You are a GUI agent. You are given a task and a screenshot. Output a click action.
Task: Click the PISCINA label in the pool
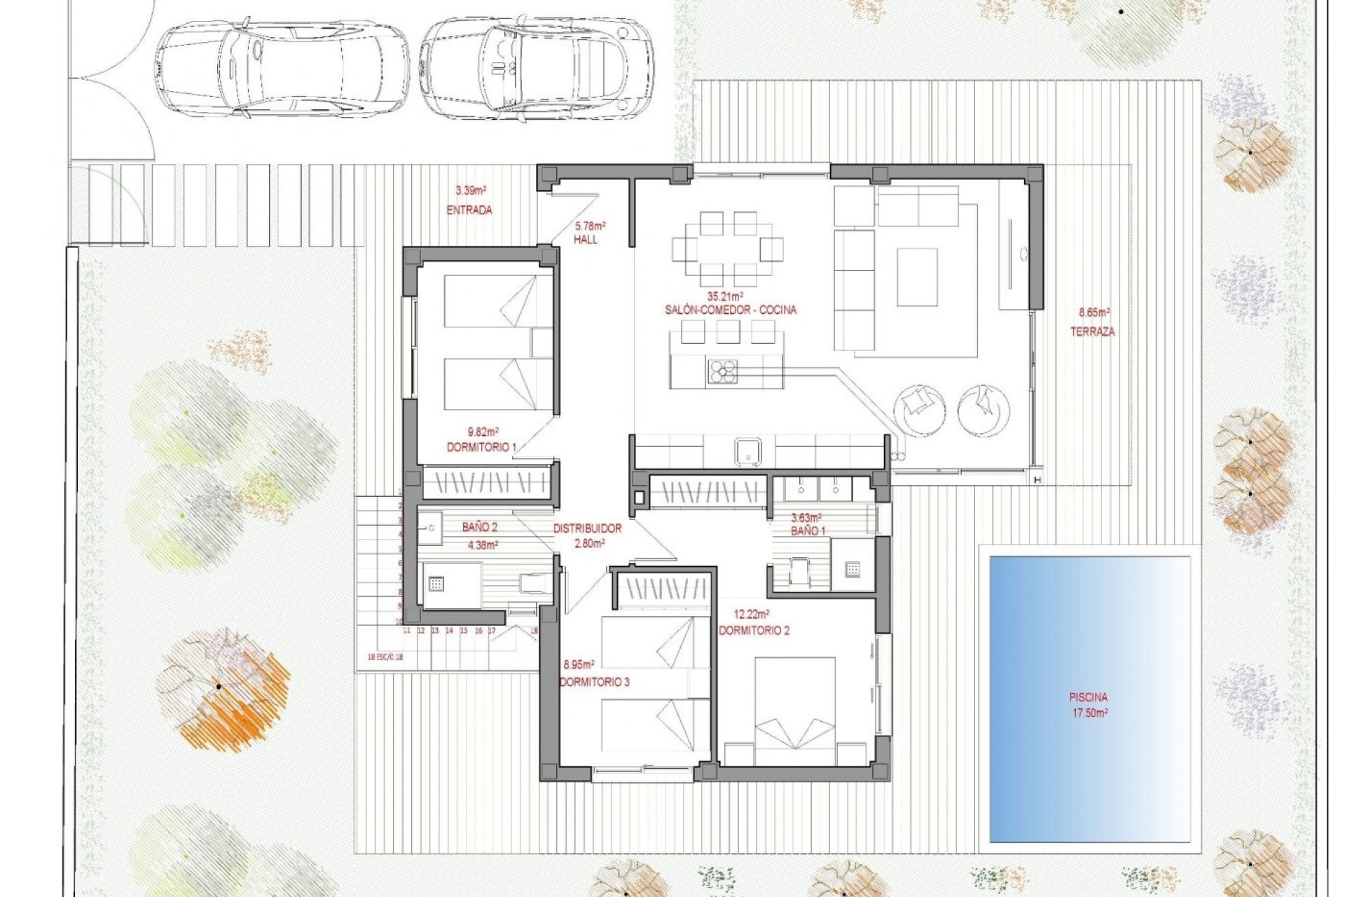click(1088, 697)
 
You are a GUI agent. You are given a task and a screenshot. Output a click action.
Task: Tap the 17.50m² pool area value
click(1088, 713)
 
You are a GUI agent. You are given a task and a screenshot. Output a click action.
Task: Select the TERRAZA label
click(1092, 332)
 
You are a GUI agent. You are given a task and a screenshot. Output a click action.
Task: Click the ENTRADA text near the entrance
click(469, 210)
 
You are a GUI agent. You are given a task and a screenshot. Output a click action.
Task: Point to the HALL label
click(586, 240)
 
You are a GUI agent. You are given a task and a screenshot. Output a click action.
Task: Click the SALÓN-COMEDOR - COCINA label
click(731, 310)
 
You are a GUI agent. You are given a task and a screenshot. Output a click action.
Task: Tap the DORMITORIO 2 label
click(754, 631)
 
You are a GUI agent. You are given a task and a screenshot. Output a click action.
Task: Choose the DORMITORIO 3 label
click(594, 681)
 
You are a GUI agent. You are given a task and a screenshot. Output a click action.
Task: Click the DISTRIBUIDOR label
click(587, 529)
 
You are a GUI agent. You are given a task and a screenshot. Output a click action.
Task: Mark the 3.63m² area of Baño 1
click(806, 518)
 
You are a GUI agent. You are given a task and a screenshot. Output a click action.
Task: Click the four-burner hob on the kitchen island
click(722, 372)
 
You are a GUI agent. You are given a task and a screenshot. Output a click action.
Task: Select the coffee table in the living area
click(917, 278)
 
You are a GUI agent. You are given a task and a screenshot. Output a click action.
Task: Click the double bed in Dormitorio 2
click(794, 708)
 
